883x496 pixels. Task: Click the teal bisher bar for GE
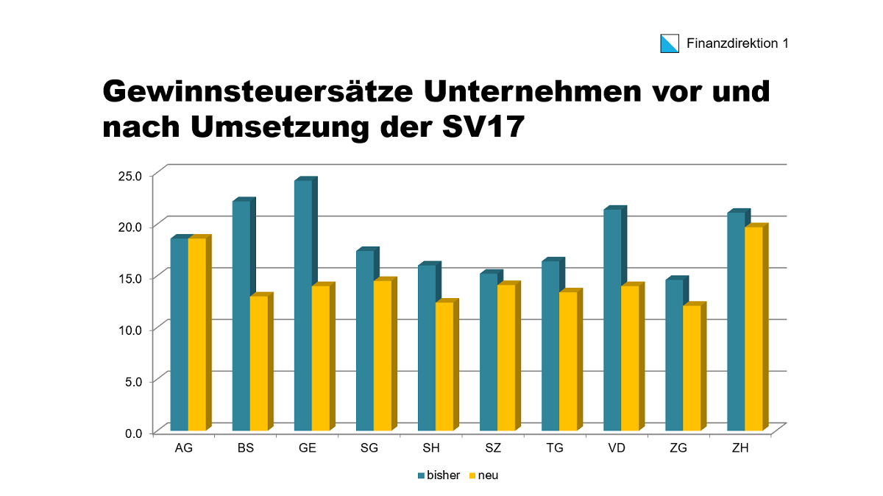[302, 305]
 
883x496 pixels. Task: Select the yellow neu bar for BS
[258, 364]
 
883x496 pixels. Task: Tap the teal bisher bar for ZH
[735, 322]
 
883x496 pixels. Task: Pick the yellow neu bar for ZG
[691, 368]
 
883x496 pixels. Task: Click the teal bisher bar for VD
[611, 320]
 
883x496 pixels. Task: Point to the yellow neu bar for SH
[444, 366]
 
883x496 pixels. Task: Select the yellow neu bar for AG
[196, 334]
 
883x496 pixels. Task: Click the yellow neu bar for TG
[567, 361]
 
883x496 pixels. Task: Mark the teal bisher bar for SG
[364, 341]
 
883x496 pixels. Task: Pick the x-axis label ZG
[678, 448]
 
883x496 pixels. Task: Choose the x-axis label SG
[369, 448]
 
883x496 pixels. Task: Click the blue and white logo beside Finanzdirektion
[670, 43]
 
